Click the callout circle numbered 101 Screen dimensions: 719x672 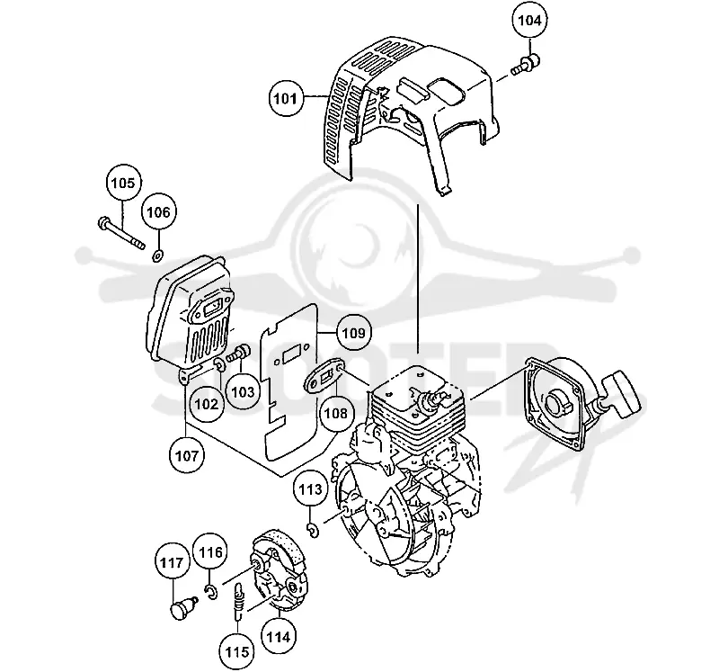286,98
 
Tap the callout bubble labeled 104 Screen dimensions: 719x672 529,20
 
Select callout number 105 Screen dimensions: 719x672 123,183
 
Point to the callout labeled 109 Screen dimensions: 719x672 354,332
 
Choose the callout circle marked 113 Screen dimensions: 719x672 311,489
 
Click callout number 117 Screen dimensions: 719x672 173,562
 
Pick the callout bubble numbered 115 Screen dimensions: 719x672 237,652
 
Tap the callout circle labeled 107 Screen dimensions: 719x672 187,456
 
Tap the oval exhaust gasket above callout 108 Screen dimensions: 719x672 325,375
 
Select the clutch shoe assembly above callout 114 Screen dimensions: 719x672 278,569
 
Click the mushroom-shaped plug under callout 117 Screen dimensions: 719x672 183,608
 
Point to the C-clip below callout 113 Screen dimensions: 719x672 314,530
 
